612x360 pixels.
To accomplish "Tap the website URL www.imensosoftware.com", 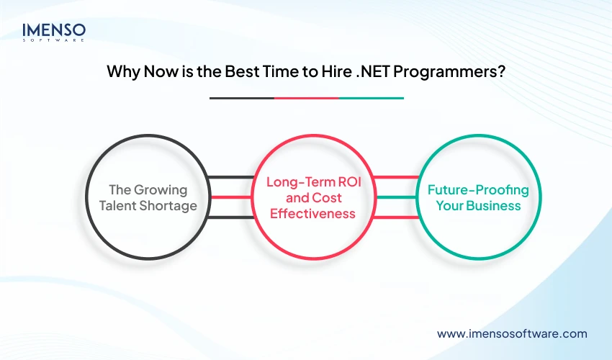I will [512, 333].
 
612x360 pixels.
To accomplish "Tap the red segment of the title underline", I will [306, 98].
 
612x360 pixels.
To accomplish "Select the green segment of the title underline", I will [371, 98].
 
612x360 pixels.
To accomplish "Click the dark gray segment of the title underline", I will [241, 98].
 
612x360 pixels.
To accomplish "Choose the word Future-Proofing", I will [478, 190].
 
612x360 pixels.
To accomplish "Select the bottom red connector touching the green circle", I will [396, 217].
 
